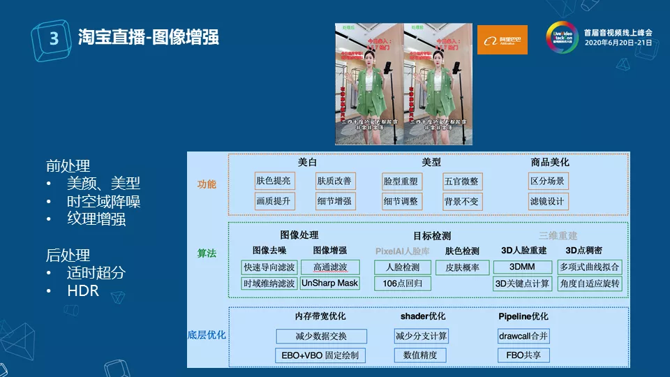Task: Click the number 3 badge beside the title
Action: pyautogui.click(x=53, y=38)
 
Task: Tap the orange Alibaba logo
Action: pyautogui.click(x=502, y=40)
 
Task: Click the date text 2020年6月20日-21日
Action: pyautogui.click(x=618, y=43)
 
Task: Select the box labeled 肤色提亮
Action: pyautogui.click(x=274, y=182)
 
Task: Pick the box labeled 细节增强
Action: pyautogui.click(x=335, y=202)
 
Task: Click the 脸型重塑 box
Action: pyautogui.click(x=401, y=182)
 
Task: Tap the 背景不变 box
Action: pyautogui.click(x=461, y=202)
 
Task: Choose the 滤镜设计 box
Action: pyautogui.click(x=548, y=202)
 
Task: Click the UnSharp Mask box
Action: pyautogui.click(x=329, y=283)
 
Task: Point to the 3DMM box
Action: pyautogui.click(x=522, y=267)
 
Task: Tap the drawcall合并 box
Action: pyautogui.click(x=523, y=337)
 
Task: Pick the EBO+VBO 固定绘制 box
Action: pyautogui.click(x=321, y=355)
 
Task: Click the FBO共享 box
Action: pyautogui.click(x=523, y=355)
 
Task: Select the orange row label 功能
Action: pyautogui.click(x=207, y=185)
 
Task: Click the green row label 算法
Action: pyautogui.click(x=207, y=254)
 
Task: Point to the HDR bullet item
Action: pyautogui.click(x=82, y=290)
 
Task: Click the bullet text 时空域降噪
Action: pyautogui.click(x=103, y=202)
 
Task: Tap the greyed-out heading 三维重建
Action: pyautogui.click(x=558, y=236)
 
